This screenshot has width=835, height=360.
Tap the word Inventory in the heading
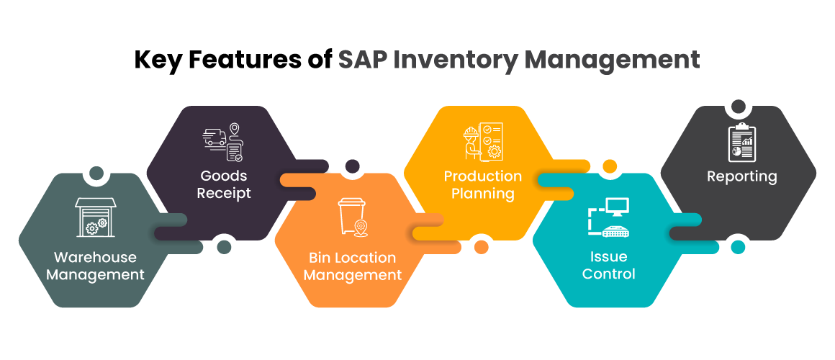455,60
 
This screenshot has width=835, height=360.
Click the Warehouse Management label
95,266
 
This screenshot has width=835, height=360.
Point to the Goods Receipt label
223,184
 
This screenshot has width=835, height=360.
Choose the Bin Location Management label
353,266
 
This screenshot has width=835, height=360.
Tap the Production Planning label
483,184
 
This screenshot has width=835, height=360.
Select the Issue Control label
609,265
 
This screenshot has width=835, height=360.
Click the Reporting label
742,176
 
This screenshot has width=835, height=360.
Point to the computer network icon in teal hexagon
609,217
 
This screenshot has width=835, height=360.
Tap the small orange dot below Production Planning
482,247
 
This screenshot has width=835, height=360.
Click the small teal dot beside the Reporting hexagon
737,247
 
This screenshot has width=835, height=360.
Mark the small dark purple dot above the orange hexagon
352,166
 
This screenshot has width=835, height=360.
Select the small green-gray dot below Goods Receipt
224,247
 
